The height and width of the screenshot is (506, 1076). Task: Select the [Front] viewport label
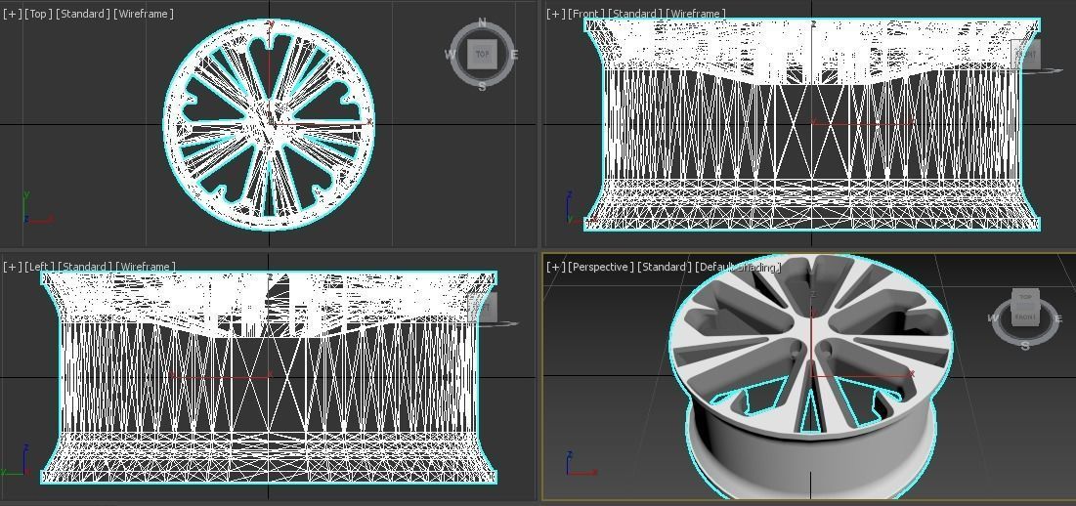click(x=586, y=14)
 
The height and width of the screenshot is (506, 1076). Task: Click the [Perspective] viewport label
click(x=600, y=267)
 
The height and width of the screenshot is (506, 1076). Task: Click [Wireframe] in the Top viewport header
click(x=144, y=14)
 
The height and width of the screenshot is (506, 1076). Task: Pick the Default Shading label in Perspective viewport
click(x=738, y=267)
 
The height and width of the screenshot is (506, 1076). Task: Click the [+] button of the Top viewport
click(x=12, y=14)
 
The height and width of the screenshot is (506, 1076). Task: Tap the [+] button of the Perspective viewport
click(x=555, y=267)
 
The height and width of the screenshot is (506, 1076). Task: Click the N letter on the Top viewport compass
click(x=482, y=23)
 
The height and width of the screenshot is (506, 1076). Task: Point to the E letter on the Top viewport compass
click(x=514, y=55)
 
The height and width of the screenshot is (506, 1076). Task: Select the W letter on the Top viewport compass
click(x=451, y=55)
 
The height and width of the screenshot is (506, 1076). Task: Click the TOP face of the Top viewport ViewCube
click(x=482, y=55)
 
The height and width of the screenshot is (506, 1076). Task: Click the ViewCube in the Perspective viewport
click(x=1025, y=307)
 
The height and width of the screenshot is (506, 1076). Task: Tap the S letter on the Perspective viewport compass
click(x=1025, y=346)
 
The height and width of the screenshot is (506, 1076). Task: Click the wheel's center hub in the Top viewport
click(x=270, y=125)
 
